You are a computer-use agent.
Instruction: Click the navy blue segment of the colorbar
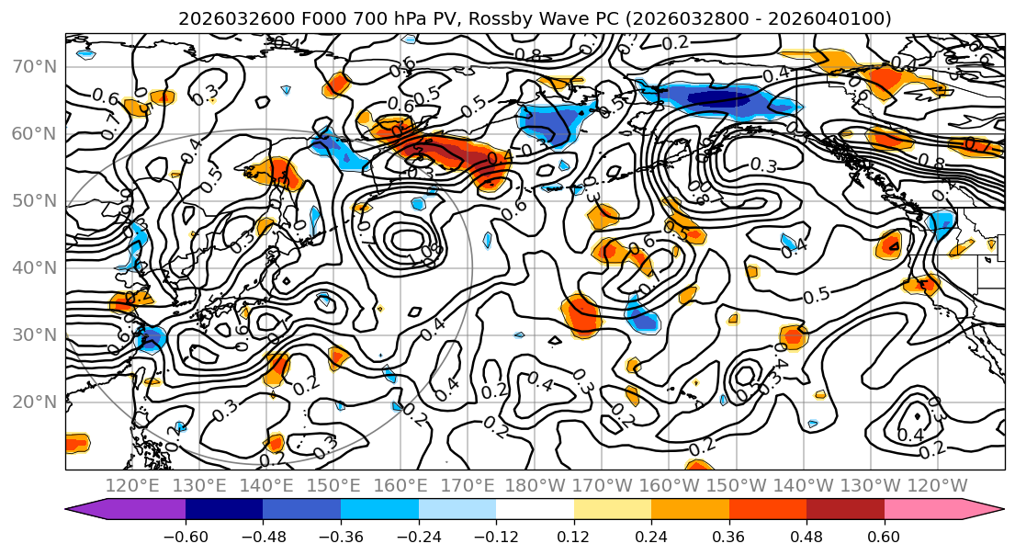[224, 509]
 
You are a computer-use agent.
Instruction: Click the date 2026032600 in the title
[226, 18]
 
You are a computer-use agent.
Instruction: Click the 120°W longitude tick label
[937, 485]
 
